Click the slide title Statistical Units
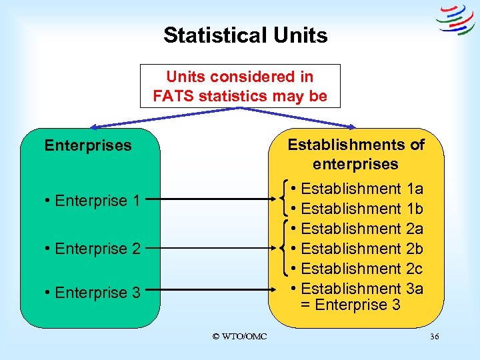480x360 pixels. pos(245,35)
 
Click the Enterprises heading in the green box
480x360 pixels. pos(88,145)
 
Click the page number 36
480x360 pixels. pos(434,337)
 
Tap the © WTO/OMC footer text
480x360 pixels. pos(239,337)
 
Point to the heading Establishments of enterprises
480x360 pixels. pos(355,154)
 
